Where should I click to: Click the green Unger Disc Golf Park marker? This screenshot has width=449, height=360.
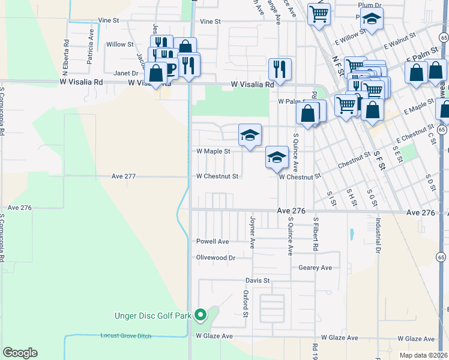pos(201,314)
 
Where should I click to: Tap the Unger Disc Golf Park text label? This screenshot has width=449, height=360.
pos(153,315)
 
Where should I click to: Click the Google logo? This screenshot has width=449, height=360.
pos(20,353)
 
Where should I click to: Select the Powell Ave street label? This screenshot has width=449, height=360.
pos(212,241)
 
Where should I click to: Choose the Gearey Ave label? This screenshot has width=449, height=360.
pos(315,268)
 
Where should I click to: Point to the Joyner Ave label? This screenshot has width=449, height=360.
pos(253,232)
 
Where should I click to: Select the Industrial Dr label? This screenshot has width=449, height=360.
pos(378,235)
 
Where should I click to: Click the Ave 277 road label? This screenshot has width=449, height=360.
pos(124,176)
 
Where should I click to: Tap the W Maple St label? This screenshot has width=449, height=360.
pos(213,152)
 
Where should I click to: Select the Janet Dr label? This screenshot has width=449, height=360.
pos(126,73)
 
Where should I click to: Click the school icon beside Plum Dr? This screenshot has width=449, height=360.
pos(372,20)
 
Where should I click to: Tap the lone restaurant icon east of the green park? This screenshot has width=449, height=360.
pos(280,69)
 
